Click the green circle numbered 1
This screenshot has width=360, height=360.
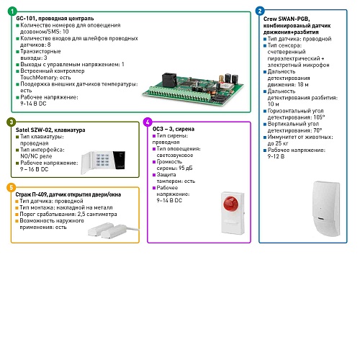[12, 12]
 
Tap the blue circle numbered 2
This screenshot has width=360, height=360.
[260, 11]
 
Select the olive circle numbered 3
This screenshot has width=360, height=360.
[12, 122]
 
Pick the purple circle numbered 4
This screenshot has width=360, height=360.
[148, 122]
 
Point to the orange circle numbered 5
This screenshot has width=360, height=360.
[12, 187]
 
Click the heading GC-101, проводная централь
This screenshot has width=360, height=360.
[55, 19]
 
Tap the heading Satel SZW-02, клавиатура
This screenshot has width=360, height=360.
[50, 130]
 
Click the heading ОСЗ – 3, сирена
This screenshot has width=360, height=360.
[174, 129]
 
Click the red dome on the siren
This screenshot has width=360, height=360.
[230, 203]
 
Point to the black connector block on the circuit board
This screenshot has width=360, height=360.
[169, 79]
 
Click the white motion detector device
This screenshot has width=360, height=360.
[327, 208]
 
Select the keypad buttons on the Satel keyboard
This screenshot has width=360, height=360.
[103, 160]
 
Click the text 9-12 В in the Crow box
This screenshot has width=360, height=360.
[276, 156]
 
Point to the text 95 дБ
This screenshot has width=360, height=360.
[186, 168]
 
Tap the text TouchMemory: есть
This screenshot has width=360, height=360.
[45, 78]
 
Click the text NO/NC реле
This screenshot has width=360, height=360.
[36, 156]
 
